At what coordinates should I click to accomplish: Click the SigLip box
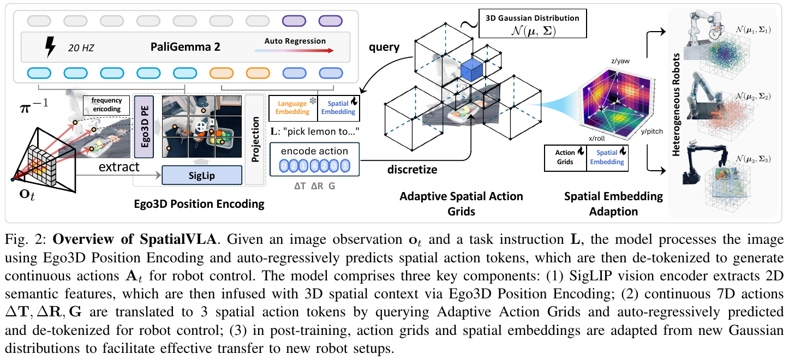tap(202, 175)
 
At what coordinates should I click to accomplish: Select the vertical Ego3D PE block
tap(144, 127)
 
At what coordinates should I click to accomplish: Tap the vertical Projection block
tap(255, 140)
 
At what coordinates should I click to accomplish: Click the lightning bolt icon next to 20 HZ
tap(50, 47)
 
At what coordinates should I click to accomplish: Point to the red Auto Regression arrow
tap(294, 51)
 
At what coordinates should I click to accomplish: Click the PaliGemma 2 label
tap(186, 47)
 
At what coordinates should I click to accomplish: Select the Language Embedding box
tap(293, 108)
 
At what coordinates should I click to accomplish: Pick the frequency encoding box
tap(106, 105)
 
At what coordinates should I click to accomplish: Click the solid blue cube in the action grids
tap(471, 69)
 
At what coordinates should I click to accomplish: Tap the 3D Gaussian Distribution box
tap(533, 23)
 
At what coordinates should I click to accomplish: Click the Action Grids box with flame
tap(565, 158)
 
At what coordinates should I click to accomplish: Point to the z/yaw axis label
tap(620, 61)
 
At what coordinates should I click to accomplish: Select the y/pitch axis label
tap(651, 131)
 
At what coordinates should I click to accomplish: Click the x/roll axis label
tap(597, 139)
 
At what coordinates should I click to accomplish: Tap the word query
tap(384, 47)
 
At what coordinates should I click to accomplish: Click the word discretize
tap(412, 170)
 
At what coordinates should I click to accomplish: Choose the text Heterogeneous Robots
tap(676, 105)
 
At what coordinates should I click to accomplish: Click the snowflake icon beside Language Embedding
tap(313, 101)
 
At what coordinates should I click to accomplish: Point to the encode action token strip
tap(314, 166)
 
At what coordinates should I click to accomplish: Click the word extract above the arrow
tap(119, 166)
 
